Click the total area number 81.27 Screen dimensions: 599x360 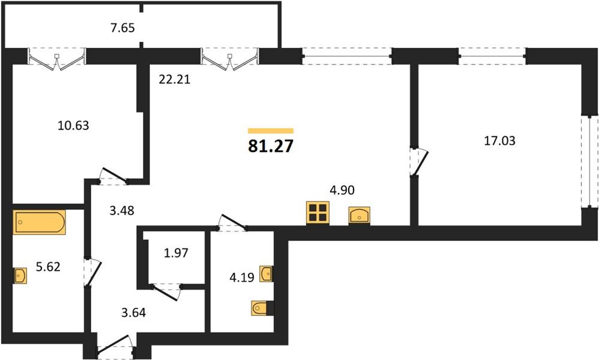[271, 146]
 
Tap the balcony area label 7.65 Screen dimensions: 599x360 [122, 28]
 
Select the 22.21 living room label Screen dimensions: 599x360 [175, 79]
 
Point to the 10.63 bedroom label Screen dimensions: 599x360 [73, 125]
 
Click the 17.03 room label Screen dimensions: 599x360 [500, 141]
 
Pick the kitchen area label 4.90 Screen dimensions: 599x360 [342, 190]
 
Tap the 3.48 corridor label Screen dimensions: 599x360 [122, 211]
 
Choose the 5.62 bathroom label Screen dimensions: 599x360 [48, 266]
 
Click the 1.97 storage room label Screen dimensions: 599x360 [176, 253]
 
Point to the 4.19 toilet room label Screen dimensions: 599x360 [242, 277]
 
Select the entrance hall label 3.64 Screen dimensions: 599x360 [134, 313]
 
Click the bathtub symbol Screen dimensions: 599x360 [40, 222]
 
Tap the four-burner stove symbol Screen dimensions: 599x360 [318, 213]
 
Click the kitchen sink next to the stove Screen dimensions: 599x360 [359, 215]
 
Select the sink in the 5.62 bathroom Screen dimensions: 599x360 [20, 275]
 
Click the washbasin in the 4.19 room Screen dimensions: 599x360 [266, 274]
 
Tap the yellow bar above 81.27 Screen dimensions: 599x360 [271, 131]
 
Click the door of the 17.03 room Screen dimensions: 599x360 [419, 161]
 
